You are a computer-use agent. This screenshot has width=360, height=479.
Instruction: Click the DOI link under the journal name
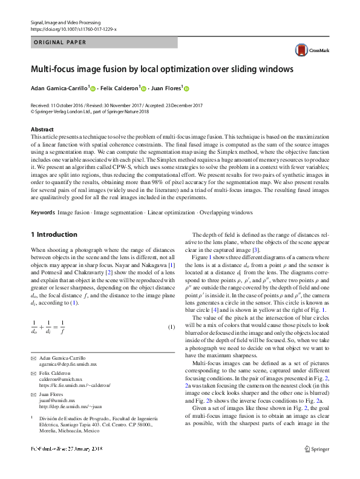73,28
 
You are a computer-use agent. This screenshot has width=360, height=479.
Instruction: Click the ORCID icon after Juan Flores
186,88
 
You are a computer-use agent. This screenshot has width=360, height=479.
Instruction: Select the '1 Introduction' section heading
54,234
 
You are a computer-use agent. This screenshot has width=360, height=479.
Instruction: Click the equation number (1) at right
171,328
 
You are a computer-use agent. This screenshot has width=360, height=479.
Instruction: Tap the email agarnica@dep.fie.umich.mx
68,365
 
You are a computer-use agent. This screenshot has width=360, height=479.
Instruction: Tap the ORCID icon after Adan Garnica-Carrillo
93,88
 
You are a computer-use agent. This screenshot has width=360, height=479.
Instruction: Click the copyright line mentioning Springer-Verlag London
85,111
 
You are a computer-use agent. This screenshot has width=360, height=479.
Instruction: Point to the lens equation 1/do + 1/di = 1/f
48,328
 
